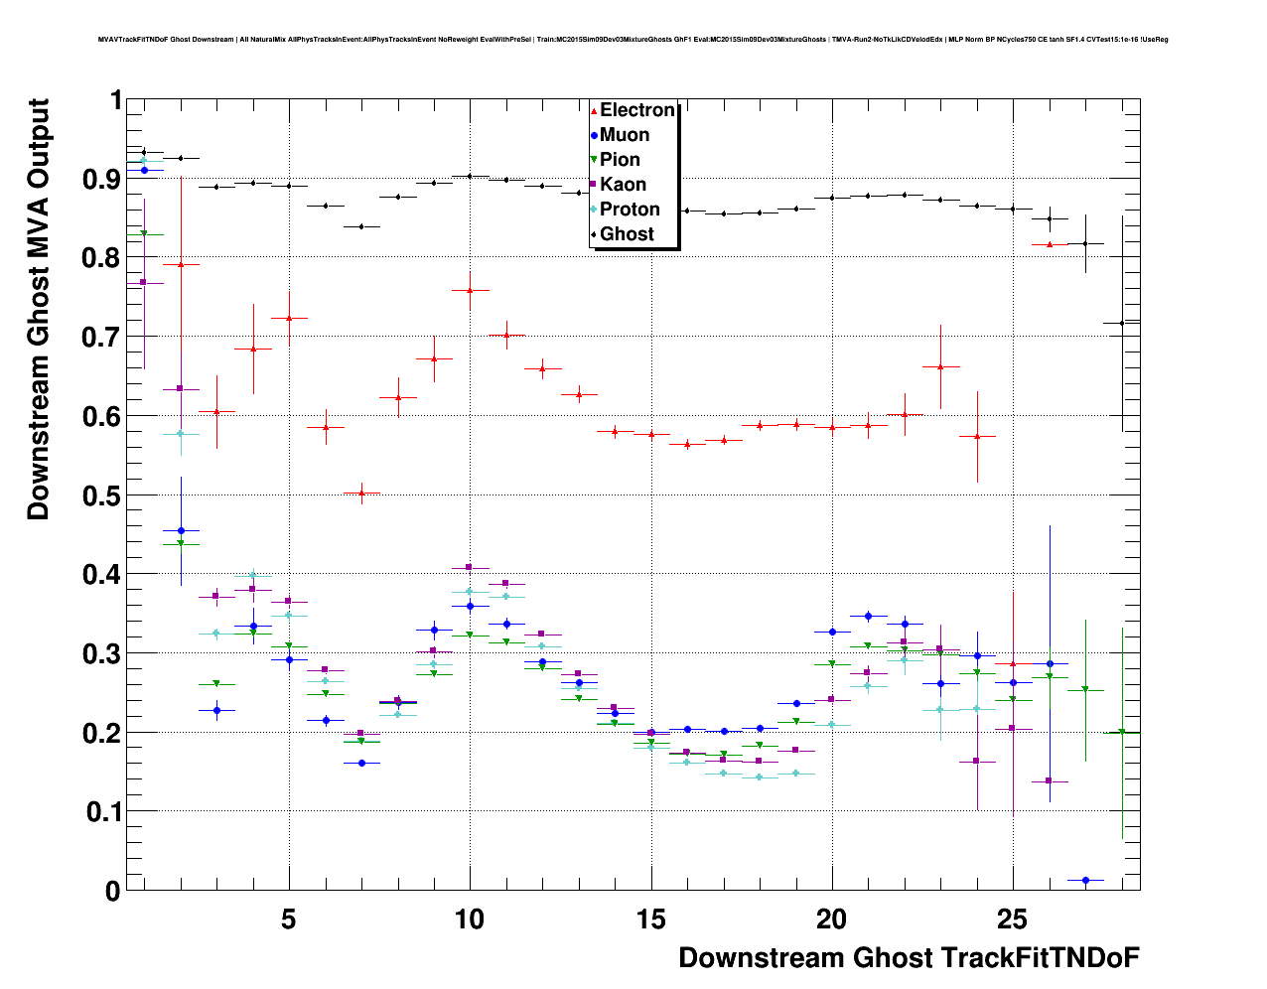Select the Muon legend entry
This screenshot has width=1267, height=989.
(x=624, y=135)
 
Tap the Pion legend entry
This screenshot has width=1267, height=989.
(x=620, y=160)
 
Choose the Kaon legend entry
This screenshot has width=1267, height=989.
(x=623, y=185)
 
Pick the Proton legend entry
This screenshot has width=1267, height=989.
(x=630, y=210)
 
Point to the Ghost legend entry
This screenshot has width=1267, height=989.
(x=627, y=234)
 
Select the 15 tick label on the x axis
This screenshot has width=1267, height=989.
(x=650, y=919)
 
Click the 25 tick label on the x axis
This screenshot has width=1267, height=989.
(x=1012, y=919)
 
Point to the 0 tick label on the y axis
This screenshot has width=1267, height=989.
(x=112, y=891)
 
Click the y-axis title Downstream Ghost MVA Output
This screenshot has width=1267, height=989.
(x=39, y=309)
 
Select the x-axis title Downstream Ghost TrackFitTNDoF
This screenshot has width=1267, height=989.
(x=909, y=958)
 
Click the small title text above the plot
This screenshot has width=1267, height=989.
(x=633, y=40)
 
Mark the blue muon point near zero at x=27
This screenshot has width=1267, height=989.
(x=1085, y=880)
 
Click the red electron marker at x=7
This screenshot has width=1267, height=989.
(x=361, y=493)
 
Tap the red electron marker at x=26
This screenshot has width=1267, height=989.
(x=1049, y=243)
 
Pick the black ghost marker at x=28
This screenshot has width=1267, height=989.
(x=1122, y=323)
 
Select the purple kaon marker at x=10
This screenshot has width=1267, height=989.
(x=470, y=567)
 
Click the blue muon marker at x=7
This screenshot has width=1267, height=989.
(x=361, y=763)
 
